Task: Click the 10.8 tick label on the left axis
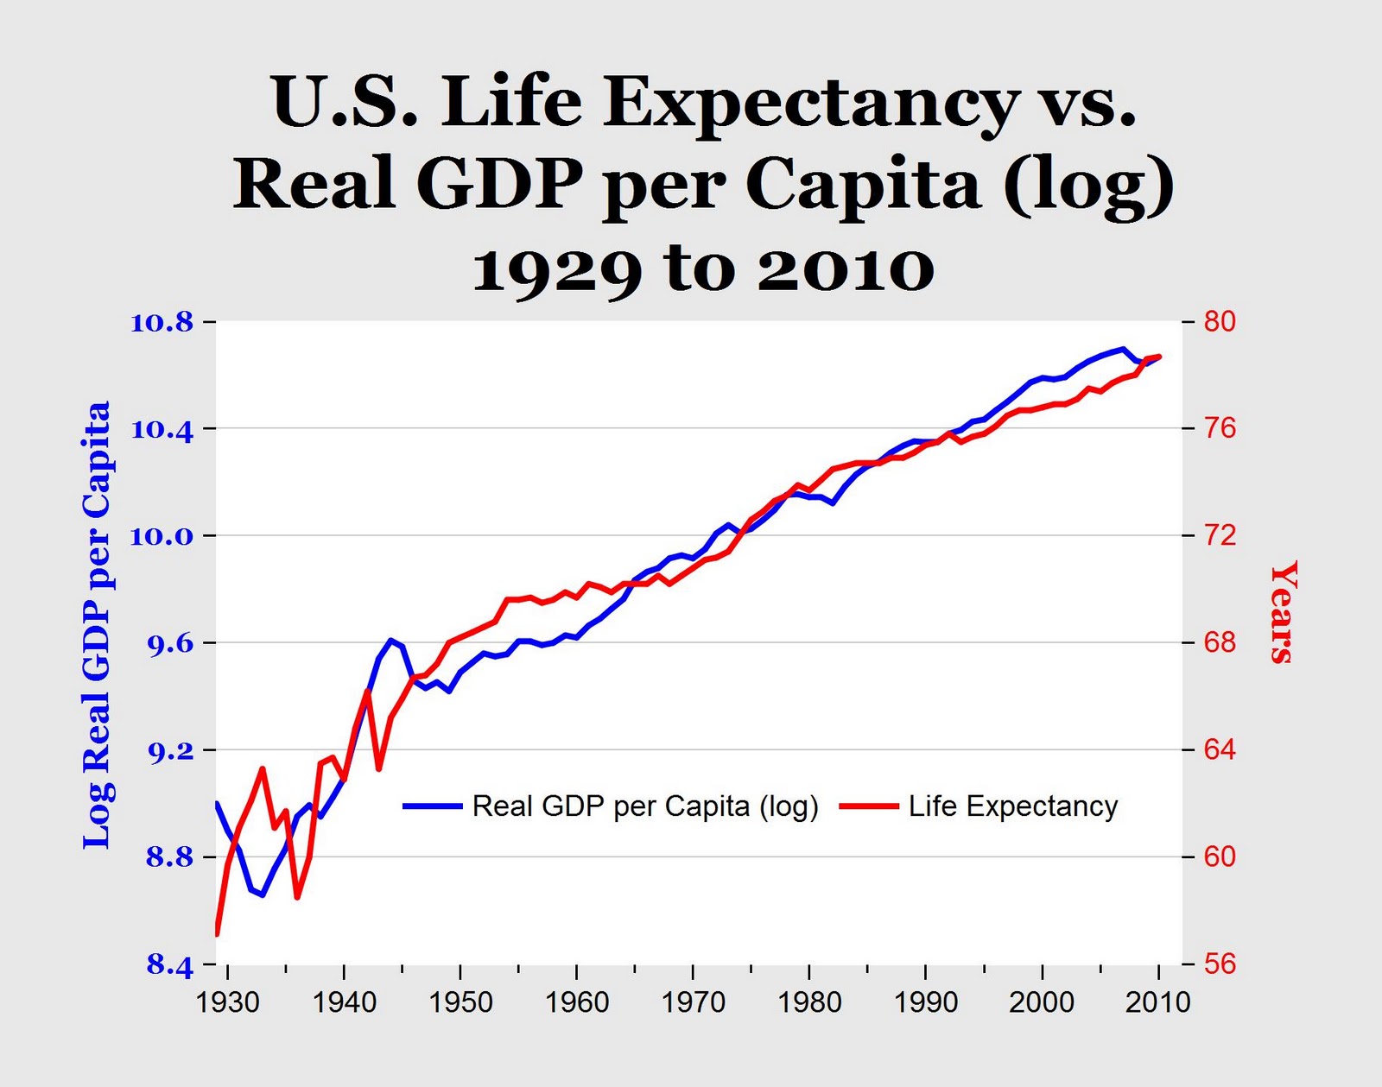pos(162,323)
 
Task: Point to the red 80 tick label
pos(1220,321)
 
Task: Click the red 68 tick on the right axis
pos(1220,643)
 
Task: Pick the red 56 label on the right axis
pos(1220,964)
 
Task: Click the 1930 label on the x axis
pos(228,1002)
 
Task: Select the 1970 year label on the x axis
pos(693,1002)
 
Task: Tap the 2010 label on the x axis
pos(1158,1002)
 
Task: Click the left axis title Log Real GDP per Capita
pos(97,625)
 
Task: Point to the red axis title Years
pos(1283,611)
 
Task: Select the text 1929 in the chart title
pos(557,269)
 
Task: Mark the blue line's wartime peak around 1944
pos(391,640)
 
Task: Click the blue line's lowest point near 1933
pos(263,894)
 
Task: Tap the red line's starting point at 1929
pos(217,933)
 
